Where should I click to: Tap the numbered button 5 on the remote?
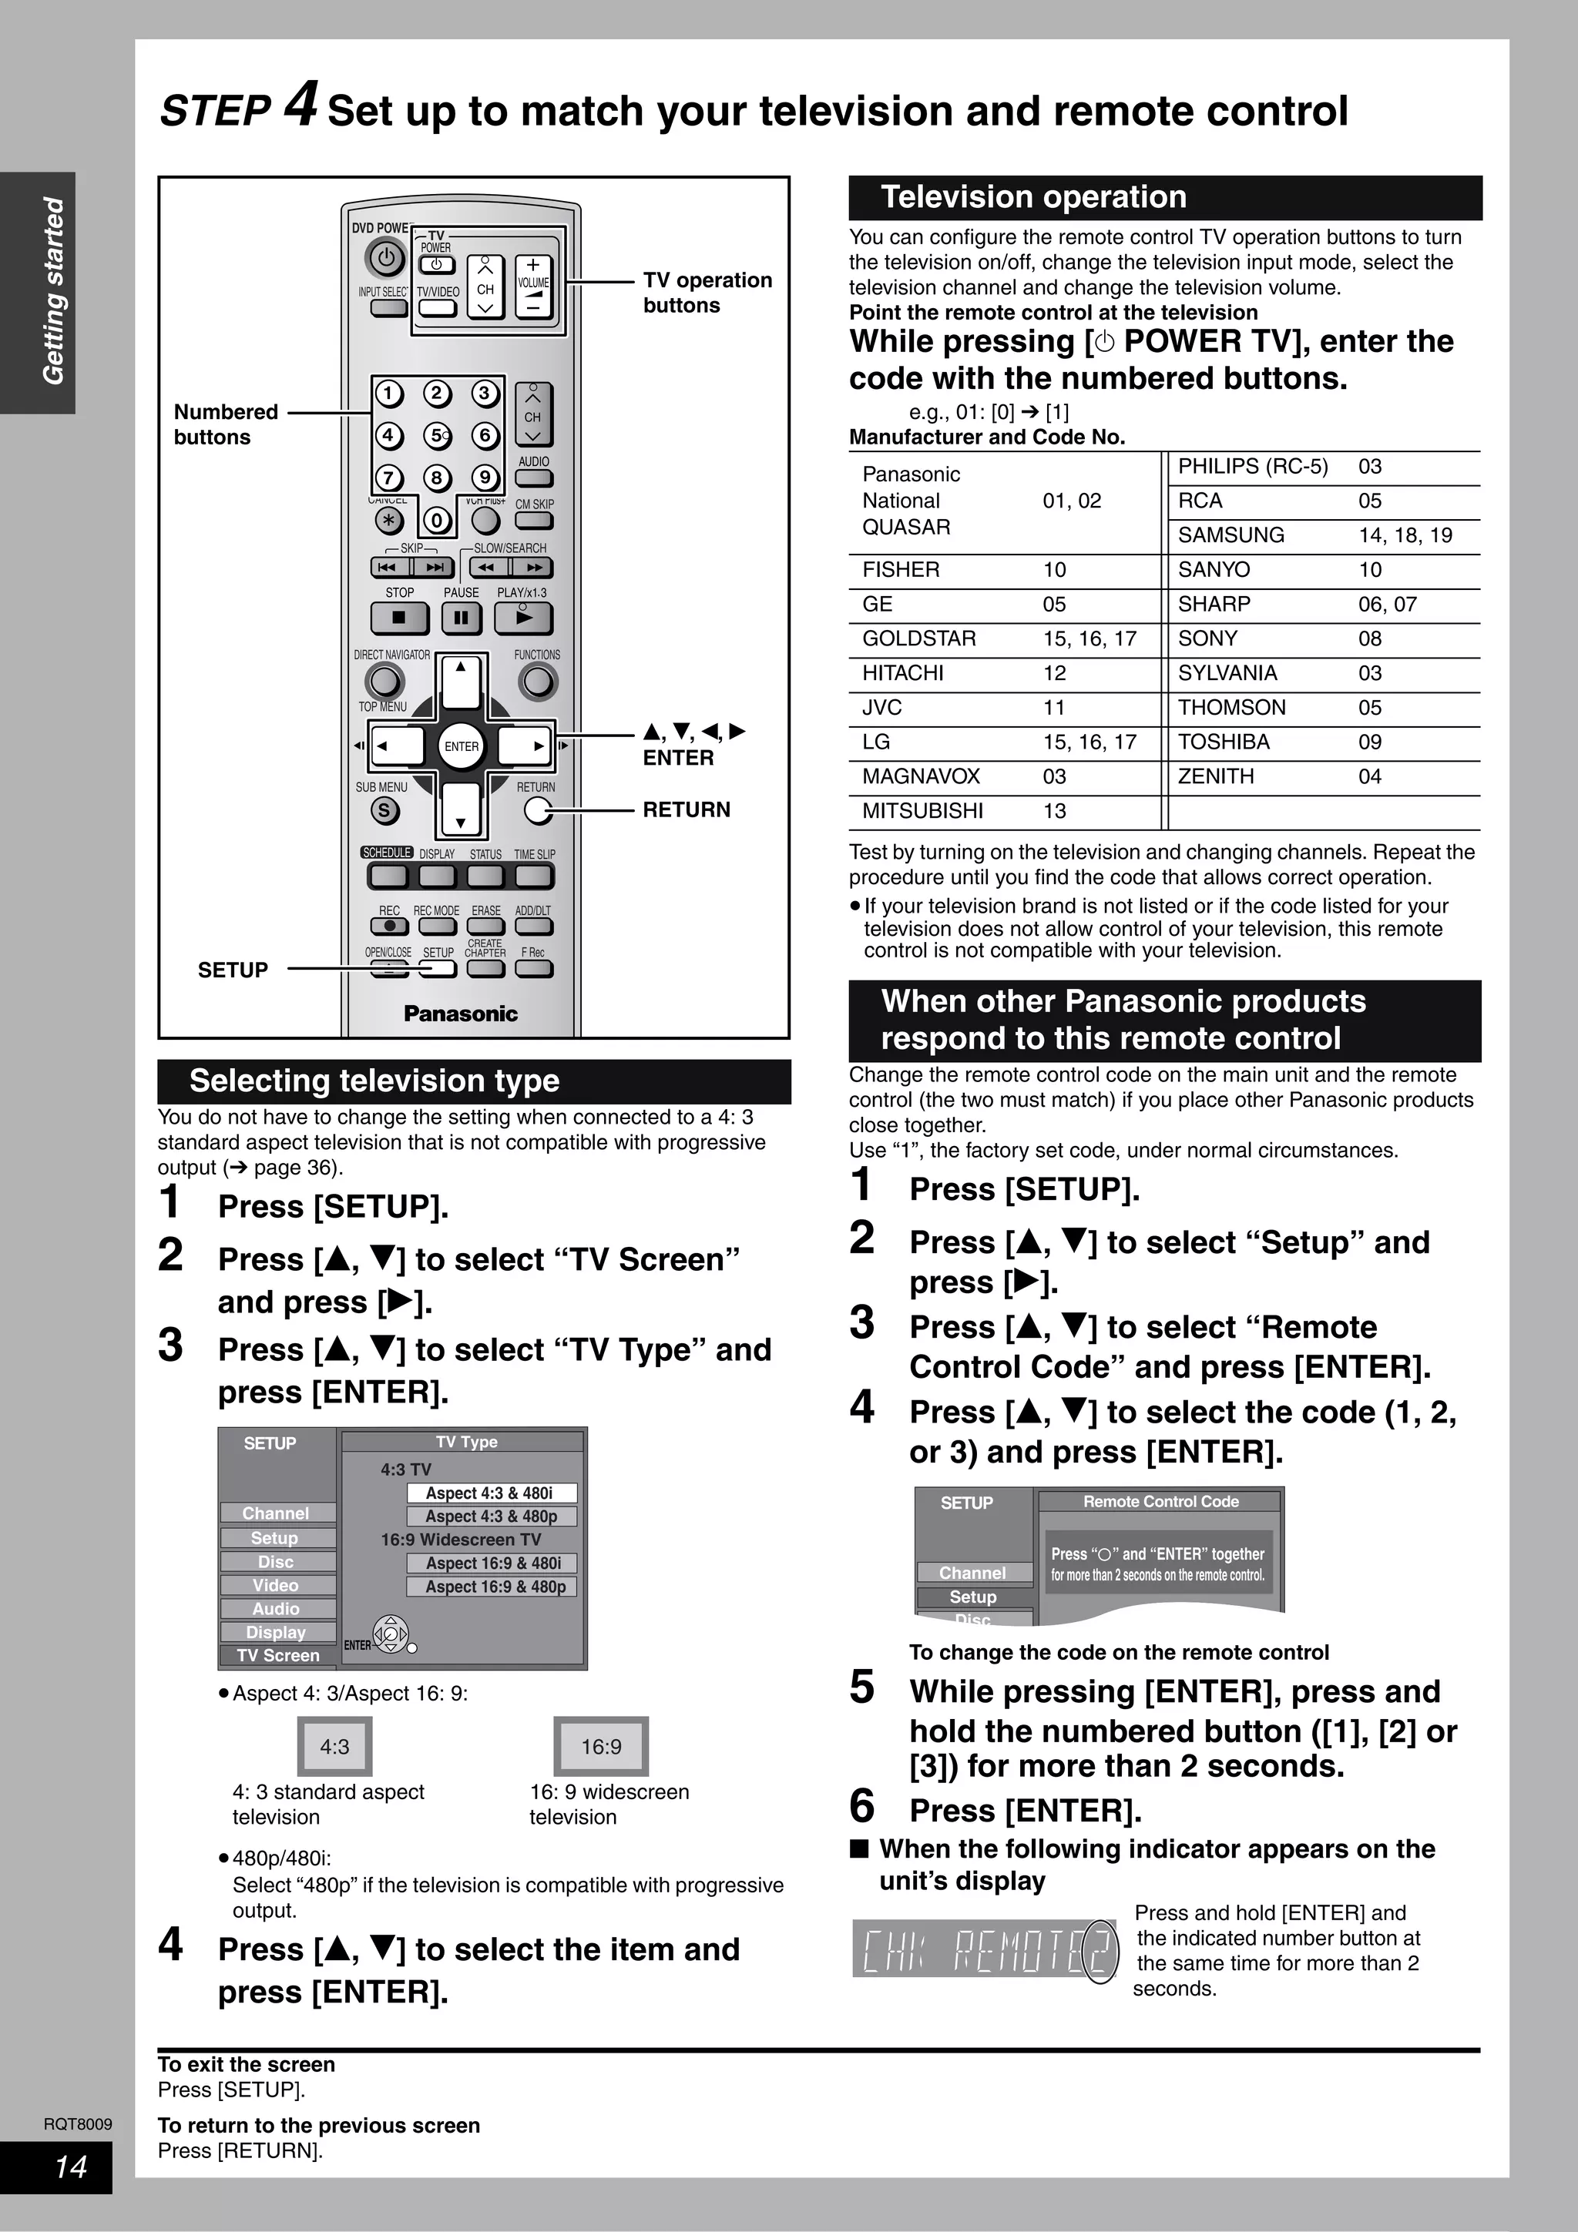point(437,435)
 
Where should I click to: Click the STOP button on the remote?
point(398,617)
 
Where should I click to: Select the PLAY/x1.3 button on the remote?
point(523,617)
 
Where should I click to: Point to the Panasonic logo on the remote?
point(460,1014)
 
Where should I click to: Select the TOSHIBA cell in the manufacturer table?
point(1223,742)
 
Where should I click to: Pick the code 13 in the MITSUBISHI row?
point(1054,811)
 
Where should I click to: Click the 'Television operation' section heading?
point(1032,197)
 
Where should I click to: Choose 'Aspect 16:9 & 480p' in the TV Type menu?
point(492,1587)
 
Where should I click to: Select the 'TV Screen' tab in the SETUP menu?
point(277,1656)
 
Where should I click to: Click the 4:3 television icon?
point(334,1747)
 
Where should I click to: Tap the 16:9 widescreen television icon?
point(601,1747)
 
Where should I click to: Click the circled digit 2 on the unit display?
point(1100,1951)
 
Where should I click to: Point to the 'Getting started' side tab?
point(52,292)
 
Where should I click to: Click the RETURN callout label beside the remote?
point(686,809)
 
